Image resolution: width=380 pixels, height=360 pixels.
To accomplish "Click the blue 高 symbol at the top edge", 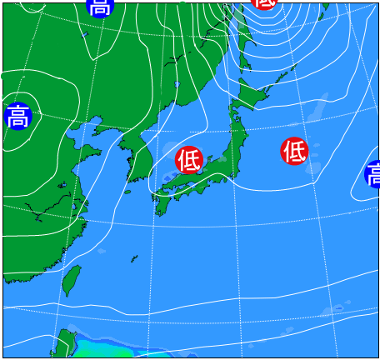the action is point(98,7).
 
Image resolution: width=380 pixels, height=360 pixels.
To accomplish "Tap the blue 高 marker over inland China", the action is point(17,116).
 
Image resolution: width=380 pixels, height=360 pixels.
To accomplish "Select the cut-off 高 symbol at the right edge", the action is point(373,175).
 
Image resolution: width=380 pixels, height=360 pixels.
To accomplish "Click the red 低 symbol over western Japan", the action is point(189,158).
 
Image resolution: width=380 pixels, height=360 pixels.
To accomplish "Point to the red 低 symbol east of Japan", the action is point(294,151).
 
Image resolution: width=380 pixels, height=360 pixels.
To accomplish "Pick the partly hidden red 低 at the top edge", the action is point(264,3).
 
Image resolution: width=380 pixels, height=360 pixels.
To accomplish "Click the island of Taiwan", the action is point(72,280).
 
